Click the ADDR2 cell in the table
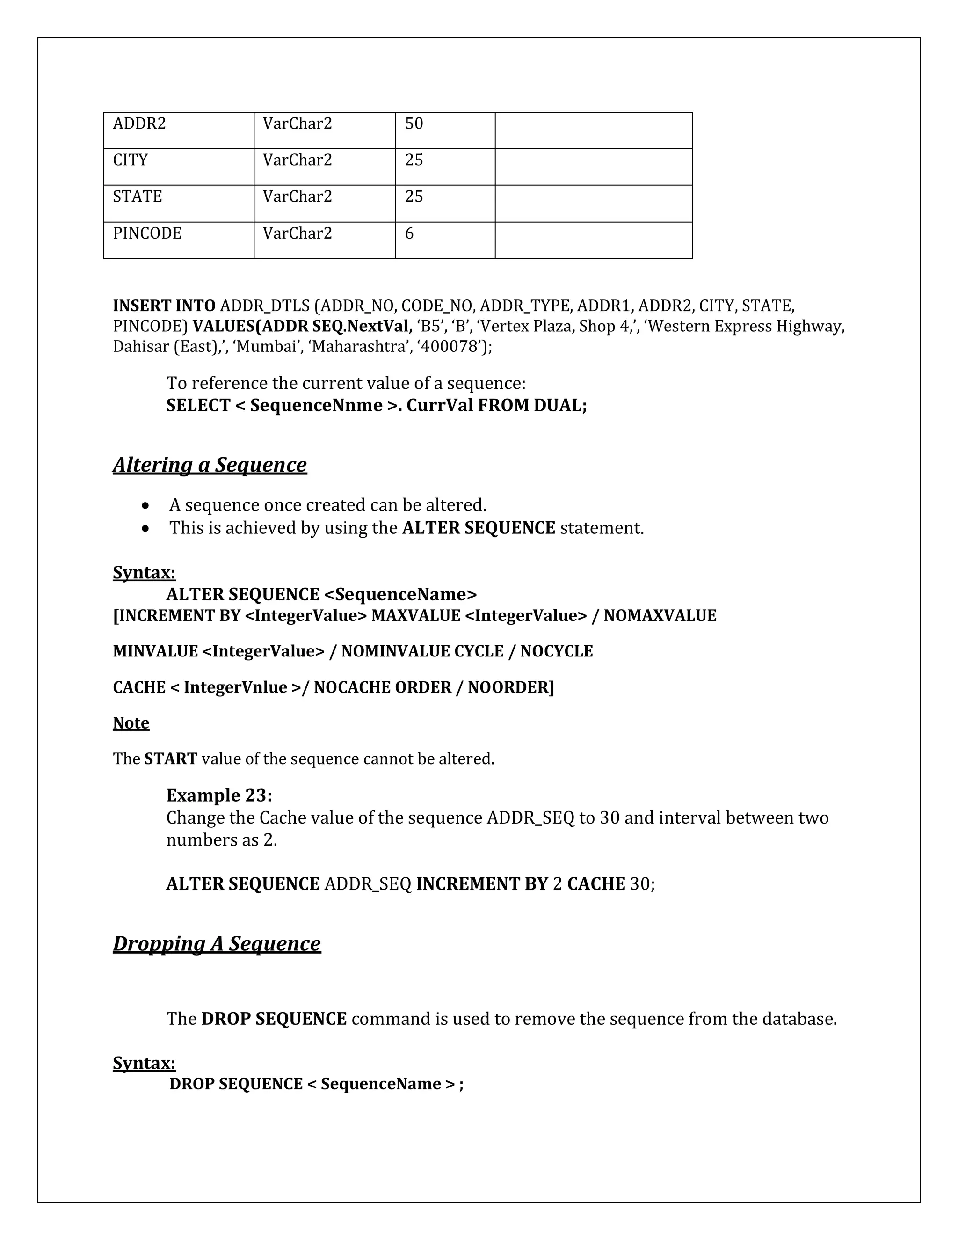click(139, 124)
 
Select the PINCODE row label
click(147, 233)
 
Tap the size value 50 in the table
click(414, 124)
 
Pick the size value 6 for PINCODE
click(409, 233)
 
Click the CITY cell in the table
click(131, 160)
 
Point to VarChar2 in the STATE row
click(297, 197)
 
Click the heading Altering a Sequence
click(210, 465)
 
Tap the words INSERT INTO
click(164, 306)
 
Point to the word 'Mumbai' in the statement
click(267, 346)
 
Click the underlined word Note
click(131, 723)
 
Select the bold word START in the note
click(170, 759)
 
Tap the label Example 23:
click(219, 795)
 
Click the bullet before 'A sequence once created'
click(147, 505)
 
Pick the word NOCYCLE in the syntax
click(556, 651)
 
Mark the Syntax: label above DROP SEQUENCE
click(144, 1063)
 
